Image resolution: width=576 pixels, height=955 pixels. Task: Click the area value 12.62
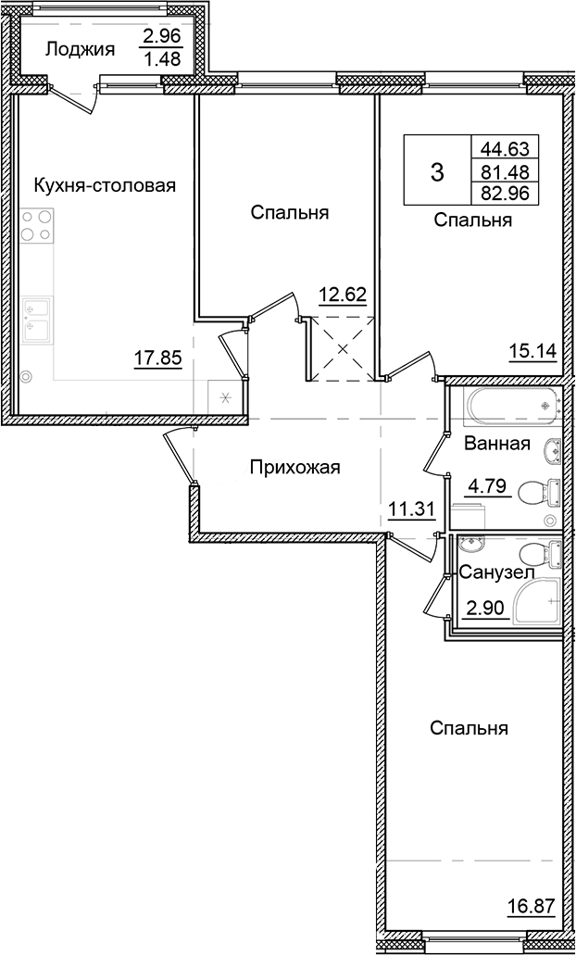click(343, 296)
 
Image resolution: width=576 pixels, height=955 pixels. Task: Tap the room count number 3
click(437, 171)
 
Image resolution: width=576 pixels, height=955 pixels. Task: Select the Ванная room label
click(497, 444)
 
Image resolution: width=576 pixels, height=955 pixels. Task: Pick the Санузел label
click(495, 573)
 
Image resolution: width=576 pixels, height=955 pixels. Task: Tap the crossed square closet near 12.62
click(343, 348)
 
